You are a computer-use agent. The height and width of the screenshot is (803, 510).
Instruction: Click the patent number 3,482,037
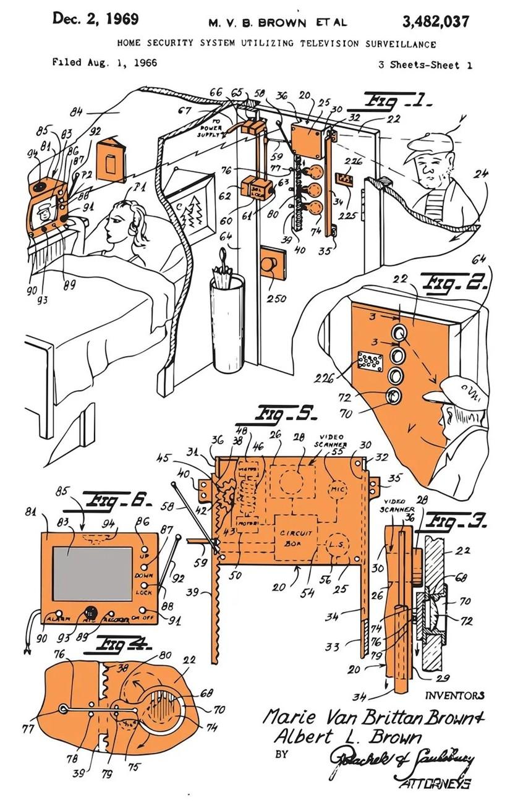pos(435,22)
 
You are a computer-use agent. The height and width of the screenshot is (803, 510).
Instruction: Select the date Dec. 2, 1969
pos(95,19)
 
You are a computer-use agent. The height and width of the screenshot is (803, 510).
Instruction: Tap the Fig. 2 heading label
pos(454,284)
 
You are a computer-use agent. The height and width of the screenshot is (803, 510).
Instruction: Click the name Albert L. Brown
pos(347,737)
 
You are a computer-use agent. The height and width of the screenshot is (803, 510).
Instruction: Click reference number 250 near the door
pos(276,299)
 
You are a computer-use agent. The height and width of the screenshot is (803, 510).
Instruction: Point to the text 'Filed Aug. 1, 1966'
pos(104,62)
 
